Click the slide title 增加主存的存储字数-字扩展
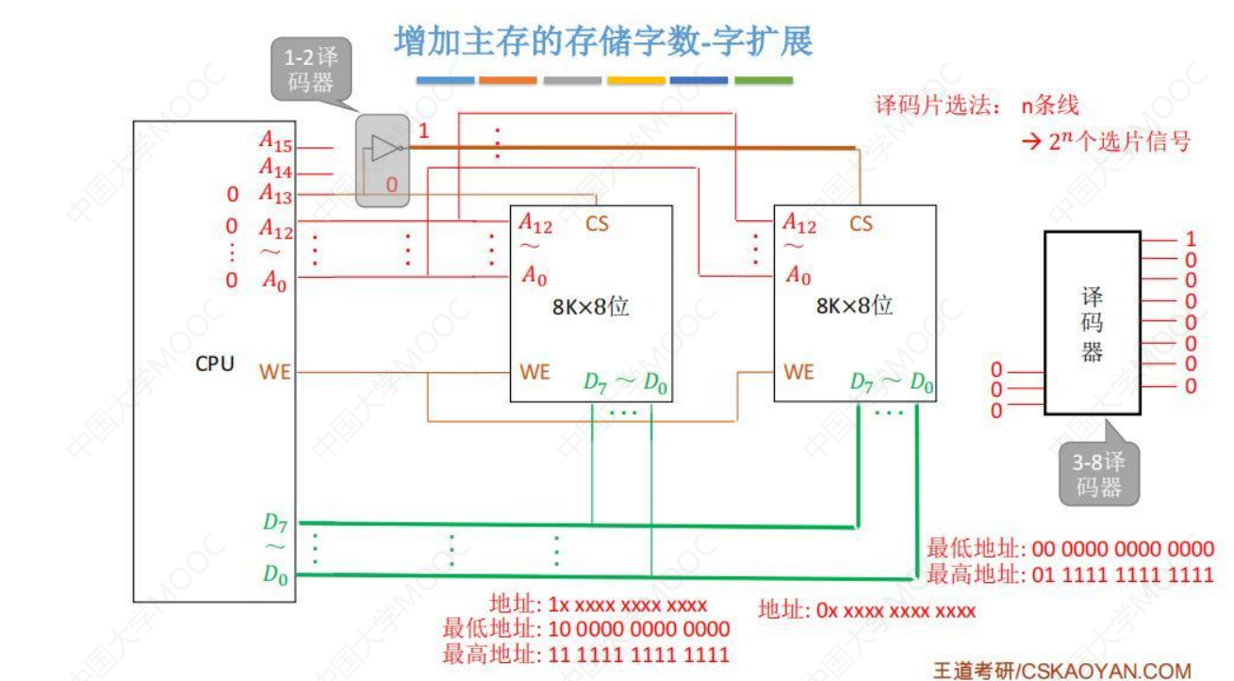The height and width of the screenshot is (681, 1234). pos(603,42)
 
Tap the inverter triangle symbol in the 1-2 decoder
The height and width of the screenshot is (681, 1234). pos(385,148)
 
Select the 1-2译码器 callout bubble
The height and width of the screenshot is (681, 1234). pos(310,68)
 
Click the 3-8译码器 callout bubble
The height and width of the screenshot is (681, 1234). pos(1098,475)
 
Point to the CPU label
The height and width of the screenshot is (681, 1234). pos(215,364)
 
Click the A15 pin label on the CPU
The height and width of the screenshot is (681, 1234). pos(275,143)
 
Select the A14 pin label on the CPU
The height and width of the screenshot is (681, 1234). pos(275,170)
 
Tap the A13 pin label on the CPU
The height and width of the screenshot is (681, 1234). pos(275,196)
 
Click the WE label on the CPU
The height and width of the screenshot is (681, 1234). pos(274,372)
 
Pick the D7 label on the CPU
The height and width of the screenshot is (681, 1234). pos(274,522)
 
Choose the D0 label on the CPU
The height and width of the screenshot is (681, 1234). pos(274,576)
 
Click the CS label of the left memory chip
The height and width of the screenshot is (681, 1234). pos(597,224)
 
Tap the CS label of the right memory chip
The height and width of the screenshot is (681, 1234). pos(861,224)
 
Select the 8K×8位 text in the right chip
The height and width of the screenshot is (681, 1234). pos(854,306)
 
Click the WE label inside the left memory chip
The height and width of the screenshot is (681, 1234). pos(535,372)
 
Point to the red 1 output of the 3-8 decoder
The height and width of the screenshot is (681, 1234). pos(1191,239)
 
